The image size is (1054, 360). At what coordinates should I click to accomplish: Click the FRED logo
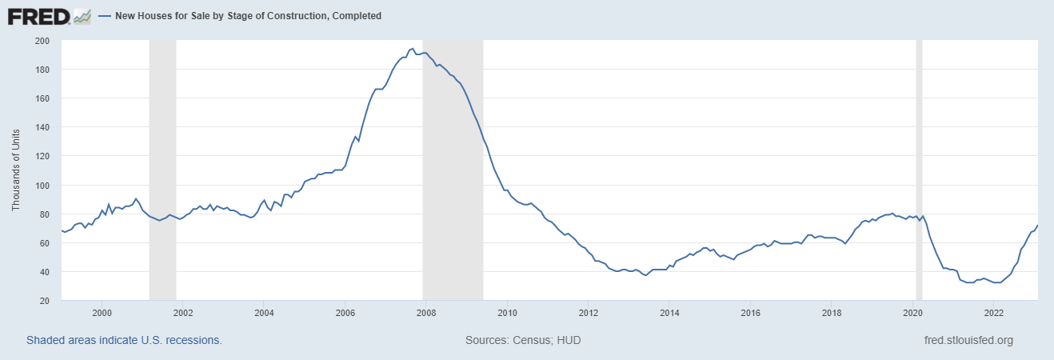tap(38, 15)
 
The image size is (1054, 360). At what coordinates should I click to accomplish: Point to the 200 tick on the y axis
tap(43, 41)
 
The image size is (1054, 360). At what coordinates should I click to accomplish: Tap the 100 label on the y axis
tap(43, 186)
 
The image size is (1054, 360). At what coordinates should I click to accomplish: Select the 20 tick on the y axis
tap(46, 301)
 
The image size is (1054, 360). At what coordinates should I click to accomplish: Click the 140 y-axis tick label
tap(43, 128)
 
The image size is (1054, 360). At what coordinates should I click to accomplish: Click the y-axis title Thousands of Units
tap(16, 171)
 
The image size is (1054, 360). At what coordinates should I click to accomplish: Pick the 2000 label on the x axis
tap(102, 313)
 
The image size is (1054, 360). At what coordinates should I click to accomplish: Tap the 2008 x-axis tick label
tap(426, 313)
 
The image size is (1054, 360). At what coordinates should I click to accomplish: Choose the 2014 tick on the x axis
tap(670, 313)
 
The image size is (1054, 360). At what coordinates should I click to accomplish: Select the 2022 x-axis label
tap(994, 313)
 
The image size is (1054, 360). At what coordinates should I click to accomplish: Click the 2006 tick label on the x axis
tap(345, 313)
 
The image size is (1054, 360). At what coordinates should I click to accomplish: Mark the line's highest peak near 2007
tap(412, 49)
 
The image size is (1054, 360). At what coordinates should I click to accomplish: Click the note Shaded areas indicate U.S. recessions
tap(124, 340)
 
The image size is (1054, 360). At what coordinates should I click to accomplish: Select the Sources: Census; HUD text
tap(523, 340)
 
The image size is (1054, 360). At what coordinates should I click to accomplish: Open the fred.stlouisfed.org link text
tap(968, 340)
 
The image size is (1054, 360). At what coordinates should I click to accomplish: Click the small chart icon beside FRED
tap(82, 15)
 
